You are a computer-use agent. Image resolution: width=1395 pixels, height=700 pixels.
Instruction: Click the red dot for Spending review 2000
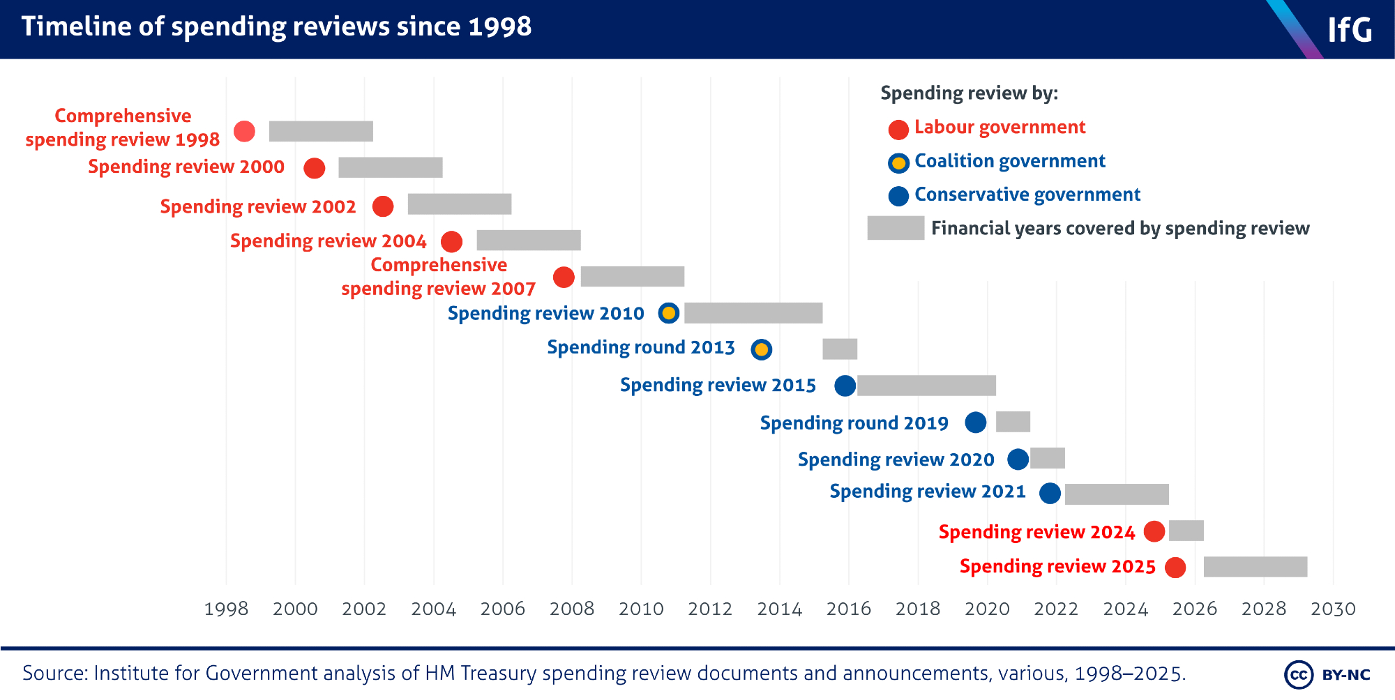315,168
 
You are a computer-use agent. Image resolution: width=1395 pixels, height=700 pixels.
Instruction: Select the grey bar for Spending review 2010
753,313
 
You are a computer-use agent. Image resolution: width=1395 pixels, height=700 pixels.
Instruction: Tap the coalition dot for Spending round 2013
762,349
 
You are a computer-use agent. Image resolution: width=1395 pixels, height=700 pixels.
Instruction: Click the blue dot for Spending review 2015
845,386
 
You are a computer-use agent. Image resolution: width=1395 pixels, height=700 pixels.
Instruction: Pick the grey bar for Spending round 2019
1013,422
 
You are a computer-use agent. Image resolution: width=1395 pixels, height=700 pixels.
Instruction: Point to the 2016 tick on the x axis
849,609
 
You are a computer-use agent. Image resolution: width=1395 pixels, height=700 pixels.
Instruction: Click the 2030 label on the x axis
1333,609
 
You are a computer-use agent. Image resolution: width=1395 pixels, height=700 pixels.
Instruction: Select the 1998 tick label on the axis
226,609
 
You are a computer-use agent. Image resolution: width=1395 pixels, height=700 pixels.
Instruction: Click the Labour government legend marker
898,129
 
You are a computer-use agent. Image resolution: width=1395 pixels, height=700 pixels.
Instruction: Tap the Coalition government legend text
1009,161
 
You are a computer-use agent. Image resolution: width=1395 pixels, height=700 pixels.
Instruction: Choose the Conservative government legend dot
898,196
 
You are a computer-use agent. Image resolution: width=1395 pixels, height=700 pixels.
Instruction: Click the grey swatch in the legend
896,228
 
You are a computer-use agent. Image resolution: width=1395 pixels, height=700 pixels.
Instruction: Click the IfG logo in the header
1349,29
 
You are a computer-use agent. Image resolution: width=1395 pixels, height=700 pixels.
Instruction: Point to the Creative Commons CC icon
1298,674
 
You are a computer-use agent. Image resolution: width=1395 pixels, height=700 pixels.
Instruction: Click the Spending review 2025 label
1057,566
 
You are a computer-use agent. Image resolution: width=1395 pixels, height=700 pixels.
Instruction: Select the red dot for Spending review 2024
1154,531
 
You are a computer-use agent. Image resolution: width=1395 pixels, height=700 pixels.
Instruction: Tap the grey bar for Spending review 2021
1117,494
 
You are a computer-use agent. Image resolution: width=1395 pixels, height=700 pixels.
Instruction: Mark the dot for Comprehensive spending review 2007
564,277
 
